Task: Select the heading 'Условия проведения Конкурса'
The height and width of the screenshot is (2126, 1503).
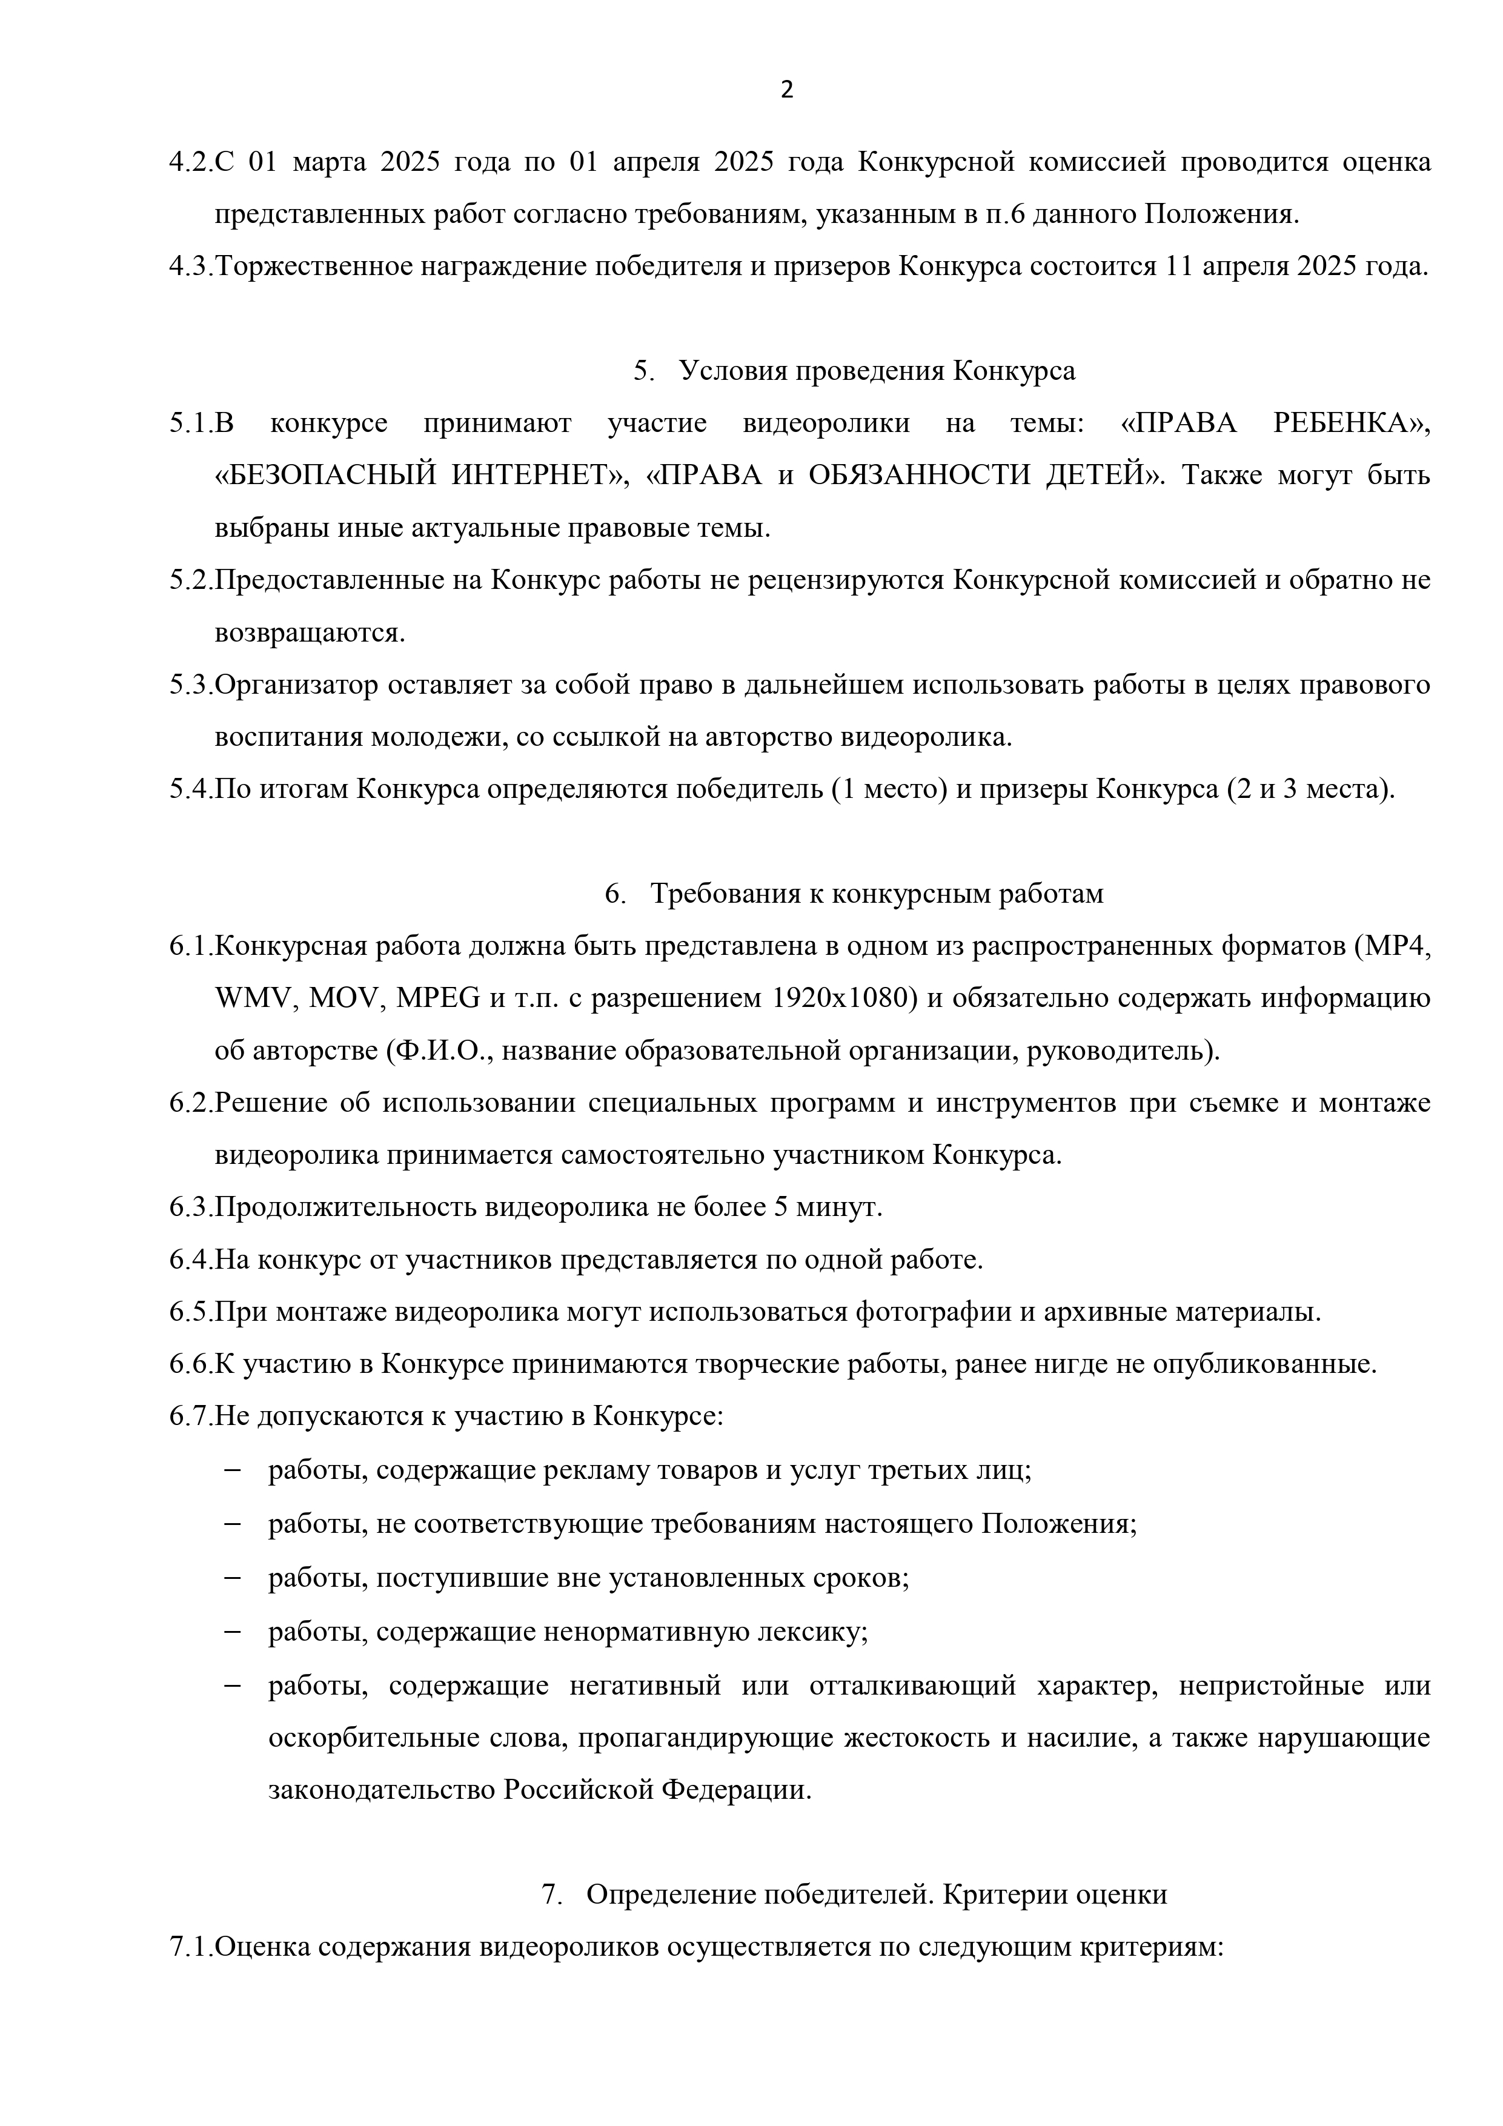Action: tap(877, 371)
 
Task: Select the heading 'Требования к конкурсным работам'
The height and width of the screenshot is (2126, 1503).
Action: tap(876, 894)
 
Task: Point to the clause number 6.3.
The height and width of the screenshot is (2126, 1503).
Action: tap(191, 1208)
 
